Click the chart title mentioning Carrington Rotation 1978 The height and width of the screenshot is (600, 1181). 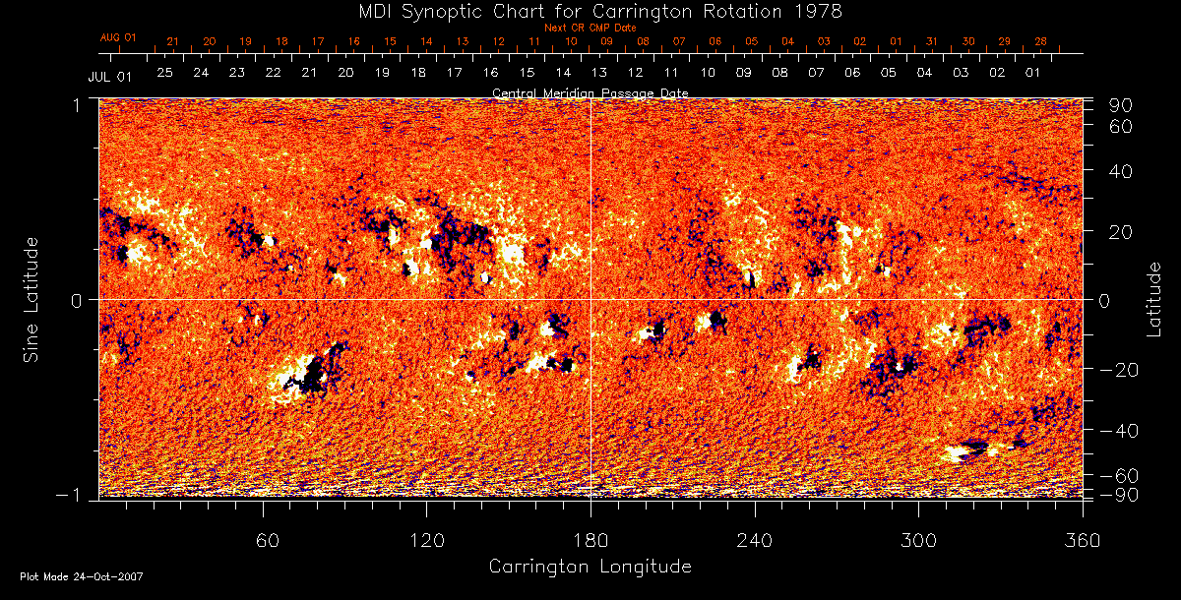(x=590, y=11)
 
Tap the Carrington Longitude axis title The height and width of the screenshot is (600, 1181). (x=590, y=567)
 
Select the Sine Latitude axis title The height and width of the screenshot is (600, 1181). (x=31, y=299)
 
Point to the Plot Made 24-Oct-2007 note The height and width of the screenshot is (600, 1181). (x=82, y=576)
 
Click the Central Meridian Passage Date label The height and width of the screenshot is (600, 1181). (x=590, y=92)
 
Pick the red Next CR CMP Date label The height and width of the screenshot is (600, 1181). (x=590, y=28)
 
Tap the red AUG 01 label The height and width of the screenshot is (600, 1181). (x=118, y=37)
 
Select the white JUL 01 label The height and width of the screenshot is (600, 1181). (x=109, y=76)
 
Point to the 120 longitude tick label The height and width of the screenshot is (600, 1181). (x=427, y=541)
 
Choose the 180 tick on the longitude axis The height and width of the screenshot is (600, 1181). (x=590, y=541)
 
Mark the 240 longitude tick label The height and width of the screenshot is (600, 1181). (x=755, y=541)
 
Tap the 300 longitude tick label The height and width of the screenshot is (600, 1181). (x=918, y=541)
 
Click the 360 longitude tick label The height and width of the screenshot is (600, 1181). (x=1083, y=541)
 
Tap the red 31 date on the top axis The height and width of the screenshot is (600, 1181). (x=931, y=41)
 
